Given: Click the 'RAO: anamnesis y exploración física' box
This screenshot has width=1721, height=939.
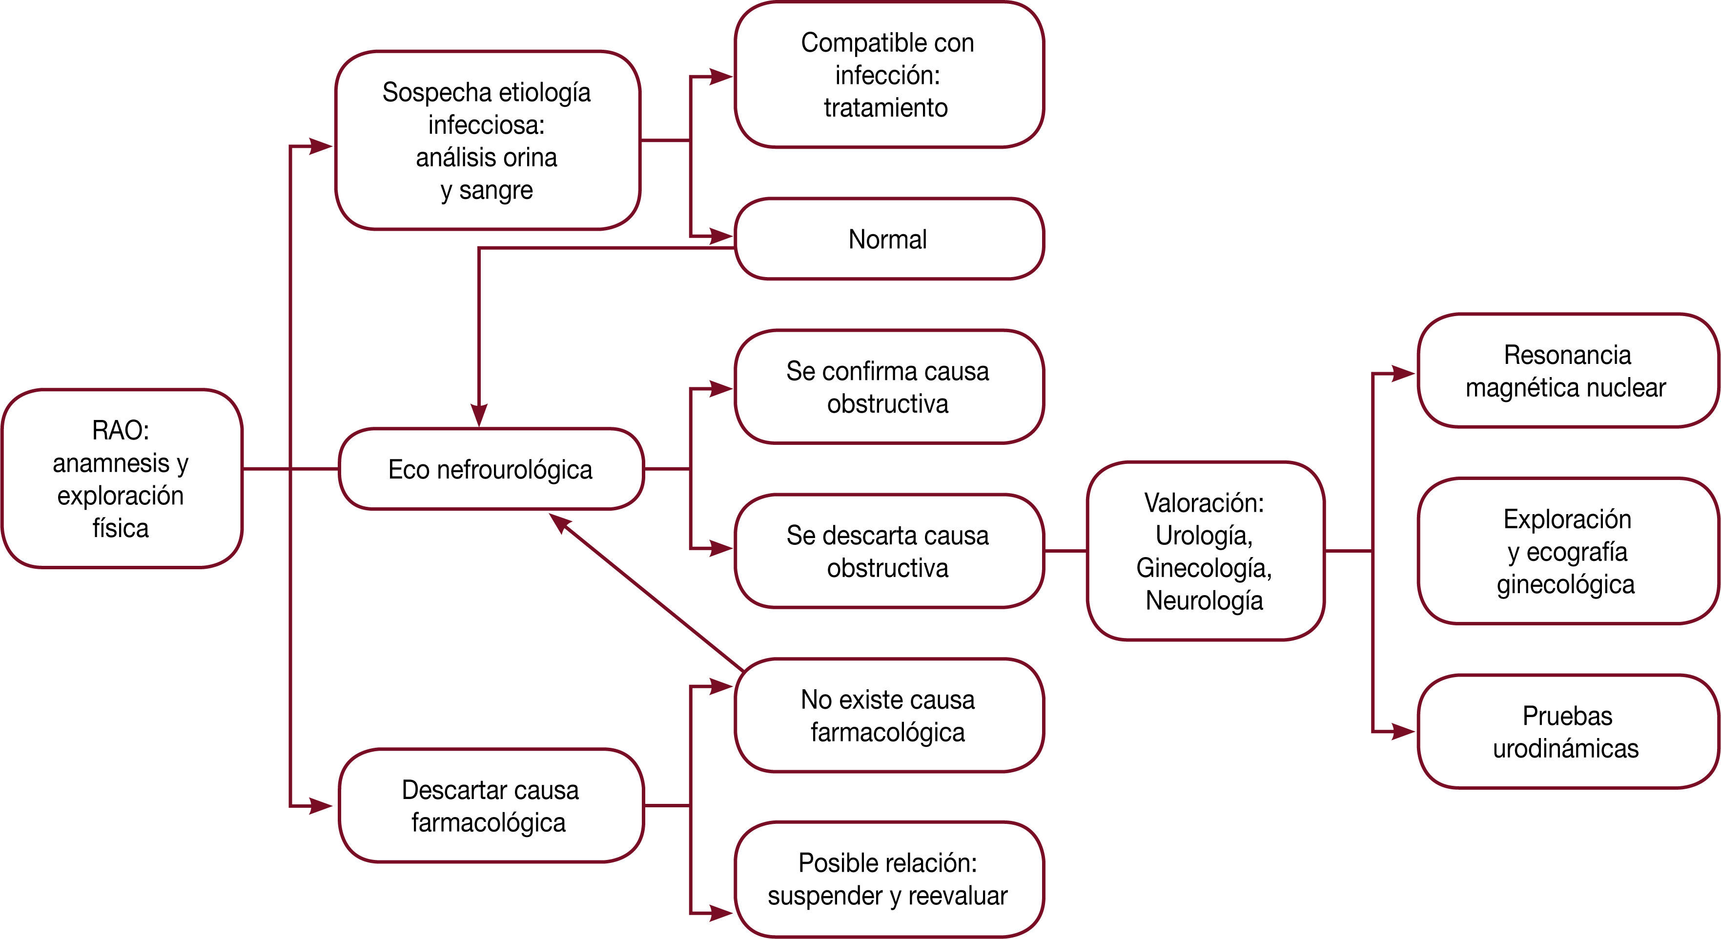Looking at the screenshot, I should click(122, 478).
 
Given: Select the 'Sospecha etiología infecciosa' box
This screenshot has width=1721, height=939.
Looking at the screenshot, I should click(487, 140).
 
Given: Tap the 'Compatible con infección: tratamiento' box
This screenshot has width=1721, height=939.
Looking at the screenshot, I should click(888, 75).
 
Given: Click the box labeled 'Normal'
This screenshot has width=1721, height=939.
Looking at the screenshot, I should click(888, 239).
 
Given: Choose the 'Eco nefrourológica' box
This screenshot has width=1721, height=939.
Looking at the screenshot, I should click(491, 469).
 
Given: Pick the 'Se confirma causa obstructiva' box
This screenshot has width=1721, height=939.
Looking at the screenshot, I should click(888, 387).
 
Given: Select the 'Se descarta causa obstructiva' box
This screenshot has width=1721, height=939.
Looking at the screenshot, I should click(888, 551).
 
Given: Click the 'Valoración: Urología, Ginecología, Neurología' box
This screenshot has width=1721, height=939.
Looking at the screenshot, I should click(1205, 551).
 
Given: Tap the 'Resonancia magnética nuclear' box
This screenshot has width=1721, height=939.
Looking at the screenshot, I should click(1567, 371).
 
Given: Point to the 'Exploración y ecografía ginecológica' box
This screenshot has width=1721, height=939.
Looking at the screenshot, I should click(1567, 551).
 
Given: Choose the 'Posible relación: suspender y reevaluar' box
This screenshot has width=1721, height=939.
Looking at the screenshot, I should click(888, 879).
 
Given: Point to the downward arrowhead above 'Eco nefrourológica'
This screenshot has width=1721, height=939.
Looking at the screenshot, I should click(479, 416).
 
